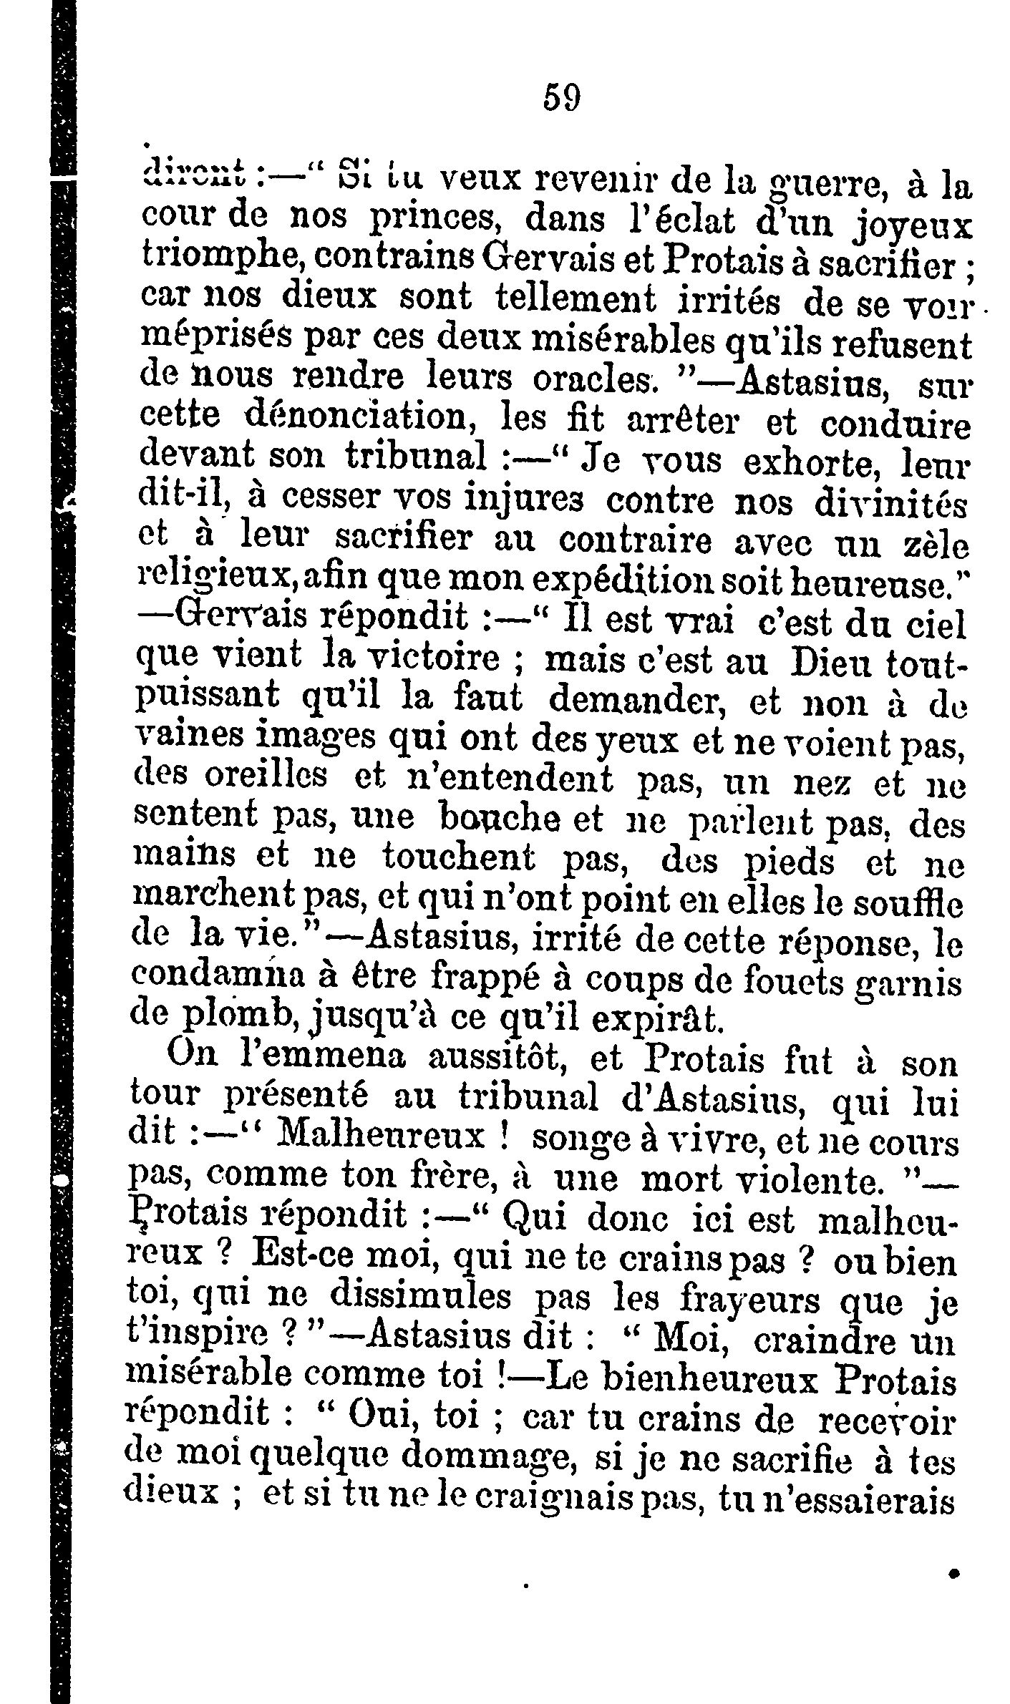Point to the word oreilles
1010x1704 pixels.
(x=261, y=778)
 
